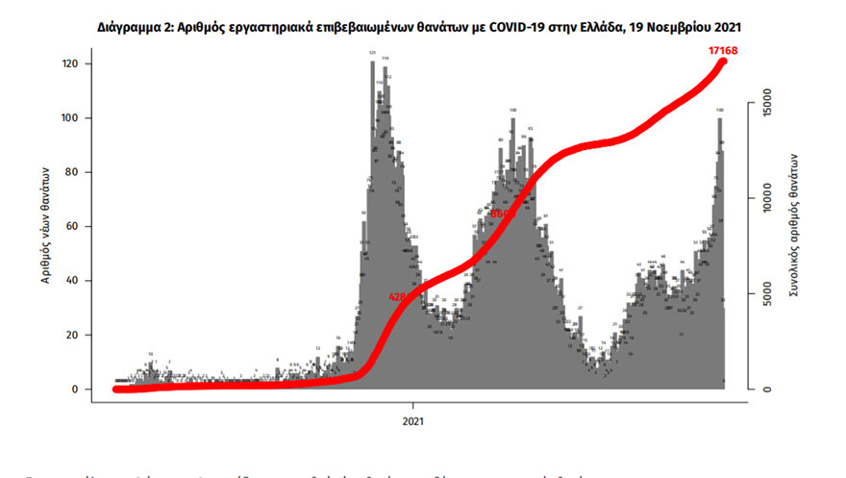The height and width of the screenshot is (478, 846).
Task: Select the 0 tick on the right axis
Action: (x=766, y=390)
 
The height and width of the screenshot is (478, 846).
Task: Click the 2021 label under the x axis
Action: (x=413, y=421)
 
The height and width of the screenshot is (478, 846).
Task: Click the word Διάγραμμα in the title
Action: (x=136, y=29)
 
